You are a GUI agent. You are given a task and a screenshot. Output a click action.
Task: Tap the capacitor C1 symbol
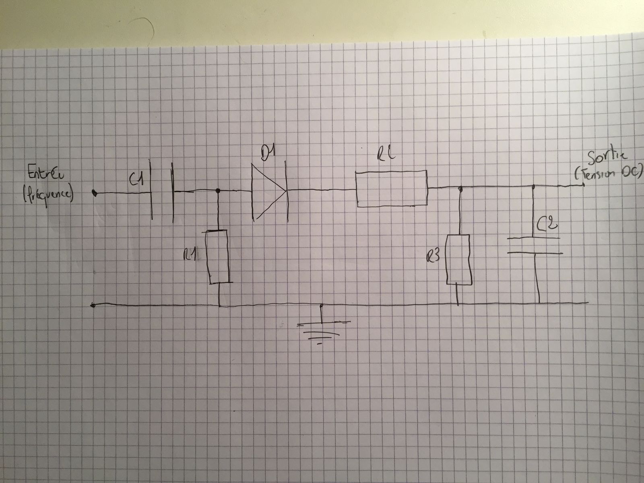click(163, 192)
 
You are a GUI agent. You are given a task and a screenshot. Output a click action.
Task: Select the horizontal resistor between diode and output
click(392, 189)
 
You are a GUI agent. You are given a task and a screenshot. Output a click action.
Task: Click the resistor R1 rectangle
click(218, 256)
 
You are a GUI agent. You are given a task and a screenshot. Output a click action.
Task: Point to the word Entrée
click(43, 176)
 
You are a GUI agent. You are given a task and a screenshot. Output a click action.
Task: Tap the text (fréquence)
click(47, 197)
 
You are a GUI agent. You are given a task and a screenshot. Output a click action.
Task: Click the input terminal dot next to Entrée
click(94, 194)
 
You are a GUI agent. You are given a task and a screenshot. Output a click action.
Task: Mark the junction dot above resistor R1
click(218, 190)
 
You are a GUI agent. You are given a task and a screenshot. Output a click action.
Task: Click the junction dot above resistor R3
click(460, 188)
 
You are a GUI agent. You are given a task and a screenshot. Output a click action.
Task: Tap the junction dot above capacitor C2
click(534, 186)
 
